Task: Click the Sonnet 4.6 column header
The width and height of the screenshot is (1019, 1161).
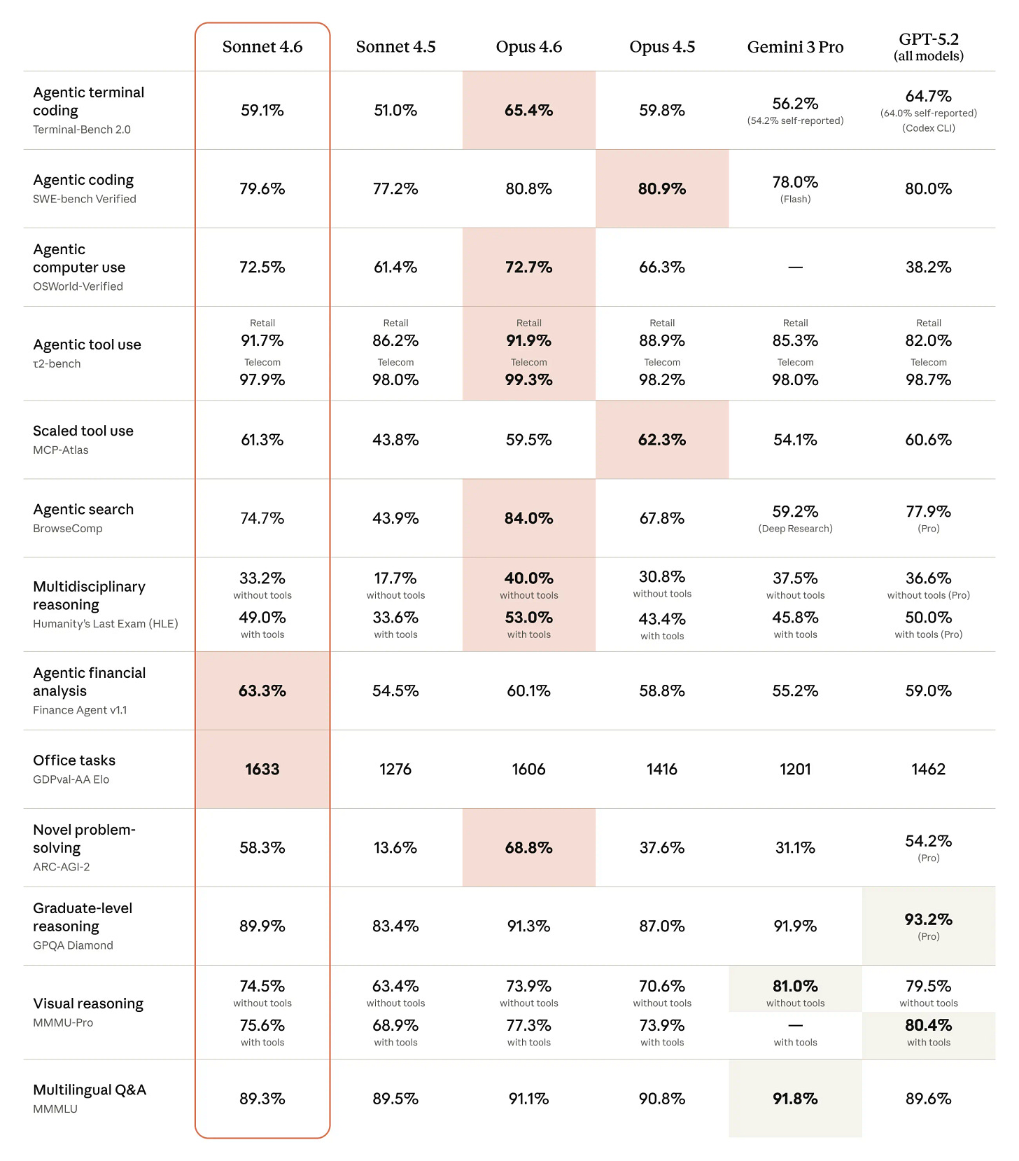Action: (x=262, y=47)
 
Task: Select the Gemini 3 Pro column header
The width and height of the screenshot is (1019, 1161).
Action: (x=795, y=47)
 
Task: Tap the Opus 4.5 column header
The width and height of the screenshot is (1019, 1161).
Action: (x=662, y=47)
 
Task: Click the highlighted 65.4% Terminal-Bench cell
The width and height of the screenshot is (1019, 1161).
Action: (x=528, y=110)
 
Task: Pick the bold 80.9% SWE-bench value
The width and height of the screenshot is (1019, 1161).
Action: (x=662, y=188)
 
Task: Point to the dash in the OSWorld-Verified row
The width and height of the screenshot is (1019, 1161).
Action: (x=795, y=267)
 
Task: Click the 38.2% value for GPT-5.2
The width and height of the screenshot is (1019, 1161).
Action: (x=928, y=267)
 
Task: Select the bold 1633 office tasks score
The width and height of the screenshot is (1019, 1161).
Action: (x=262, y=769)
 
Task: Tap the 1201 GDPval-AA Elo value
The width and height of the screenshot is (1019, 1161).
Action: (x=795, y=769)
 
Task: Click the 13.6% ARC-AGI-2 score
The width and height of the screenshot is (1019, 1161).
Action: (x=395, y=847)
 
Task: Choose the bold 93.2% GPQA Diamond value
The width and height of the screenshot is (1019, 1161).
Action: (x=928, y=919)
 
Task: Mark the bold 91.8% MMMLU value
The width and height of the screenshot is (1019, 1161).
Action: (x=795, y=1099)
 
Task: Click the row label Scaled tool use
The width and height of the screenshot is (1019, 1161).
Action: (x=83, y=431)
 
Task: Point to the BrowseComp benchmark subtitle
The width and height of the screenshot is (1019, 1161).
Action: (x=67, y=529)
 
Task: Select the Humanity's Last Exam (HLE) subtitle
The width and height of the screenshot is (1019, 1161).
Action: (x=105, y=624)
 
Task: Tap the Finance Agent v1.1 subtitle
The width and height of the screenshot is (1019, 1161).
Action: (x=80, y=710)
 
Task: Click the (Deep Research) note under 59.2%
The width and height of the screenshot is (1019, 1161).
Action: (x=795, y=529)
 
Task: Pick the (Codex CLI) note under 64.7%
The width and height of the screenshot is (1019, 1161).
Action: (x=928, y=128)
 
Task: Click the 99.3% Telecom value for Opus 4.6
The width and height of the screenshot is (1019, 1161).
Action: (x=528, y=380)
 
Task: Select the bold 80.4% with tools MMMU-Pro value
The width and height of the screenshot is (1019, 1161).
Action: (x=928, y=1025)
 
